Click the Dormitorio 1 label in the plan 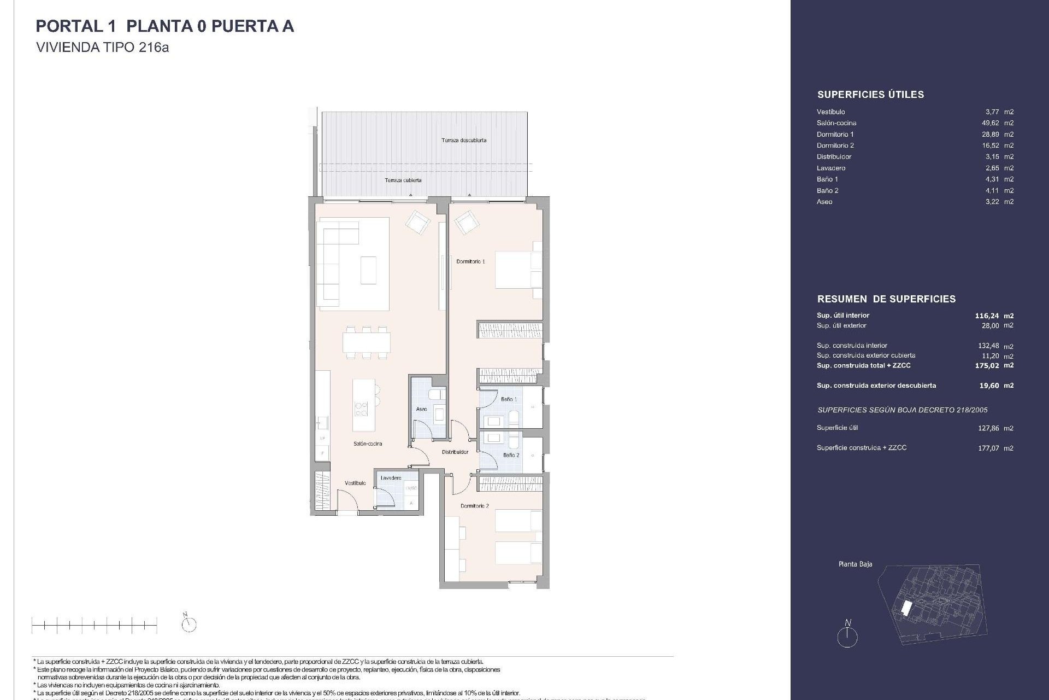pos(470,261)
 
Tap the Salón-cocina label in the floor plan pos(367,444)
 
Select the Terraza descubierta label pos(464,140)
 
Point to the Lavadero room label pos(391,478)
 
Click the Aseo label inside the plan pos(421,409)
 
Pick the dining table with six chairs pos(367,343)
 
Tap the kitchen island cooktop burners pos(361,409)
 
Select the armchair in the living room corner pos(418,223)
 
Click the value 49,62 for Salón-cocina pos(993,123)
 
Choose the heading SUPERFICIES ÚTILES pos(870,95)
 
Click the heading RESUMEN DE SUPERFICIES pos(886,299)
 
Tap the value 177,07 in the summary pos(988,448)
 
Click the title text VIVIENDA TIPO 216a pos(102,48)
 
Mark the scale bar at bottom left pos(95,625)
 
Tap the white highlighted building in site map pos(906,608)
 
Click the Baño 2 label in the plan pos(511,455)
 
